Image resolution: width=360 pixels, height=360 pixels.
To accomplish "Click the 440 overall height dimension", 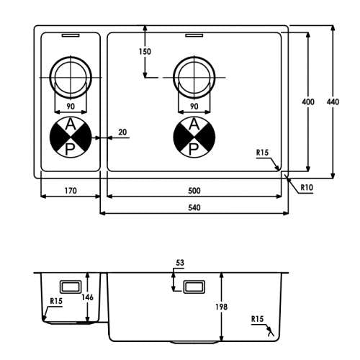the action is (333, 102).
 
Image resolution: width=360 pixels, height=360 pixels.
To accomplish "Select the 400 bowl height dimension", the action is (308, 102).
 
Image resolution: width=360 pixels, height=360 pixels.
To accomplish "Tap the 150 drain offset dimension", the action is (145, 51).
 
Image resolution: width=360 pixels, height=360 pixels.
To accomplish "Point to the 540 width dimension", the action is (194, 207).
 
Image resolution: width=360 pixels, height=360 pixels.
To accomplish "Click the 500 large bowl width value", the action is (194, 191).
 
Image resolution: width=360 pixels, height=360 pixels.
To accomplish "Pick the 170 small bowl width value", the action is (71, 191).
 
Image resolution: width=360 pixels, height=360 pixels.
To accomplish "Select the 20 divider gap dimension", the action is (122, 132).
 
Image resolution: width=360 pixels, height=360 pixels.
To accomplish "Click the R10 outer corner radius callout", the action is (307, 187).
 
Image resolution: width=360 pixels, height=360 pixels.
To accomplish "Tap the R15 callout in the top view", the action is (262, 153).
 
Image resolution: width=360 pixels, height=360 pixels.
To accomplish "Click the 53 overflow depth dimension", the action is (180, 263).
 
